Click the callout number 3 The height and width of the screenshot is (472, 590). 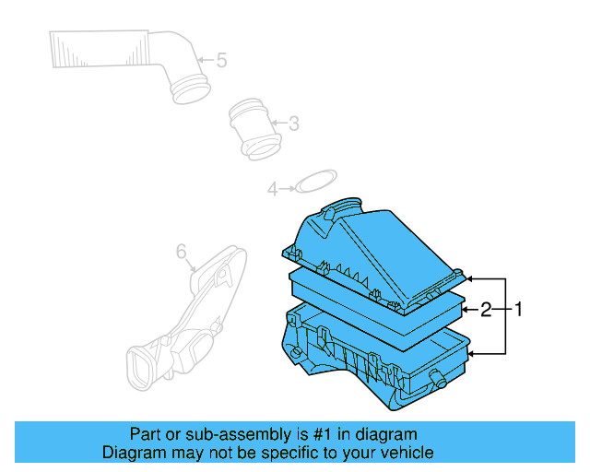293,123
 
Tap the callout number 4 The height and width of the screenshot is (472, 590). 272,189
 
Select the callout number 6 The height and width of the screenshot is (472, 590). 181,251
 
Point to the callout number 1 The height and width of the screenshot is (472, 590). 517,310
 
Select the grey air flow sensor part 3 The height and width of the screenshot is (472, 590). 253,128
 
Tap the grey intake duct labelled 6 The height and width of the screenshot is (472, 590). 184,313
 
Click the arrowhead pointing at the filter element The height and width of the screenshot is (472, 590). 466,310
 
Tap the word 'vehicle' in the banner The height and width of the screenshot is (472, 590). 405,453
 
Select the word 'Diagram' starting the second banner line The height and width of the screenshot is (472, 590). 131,453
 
